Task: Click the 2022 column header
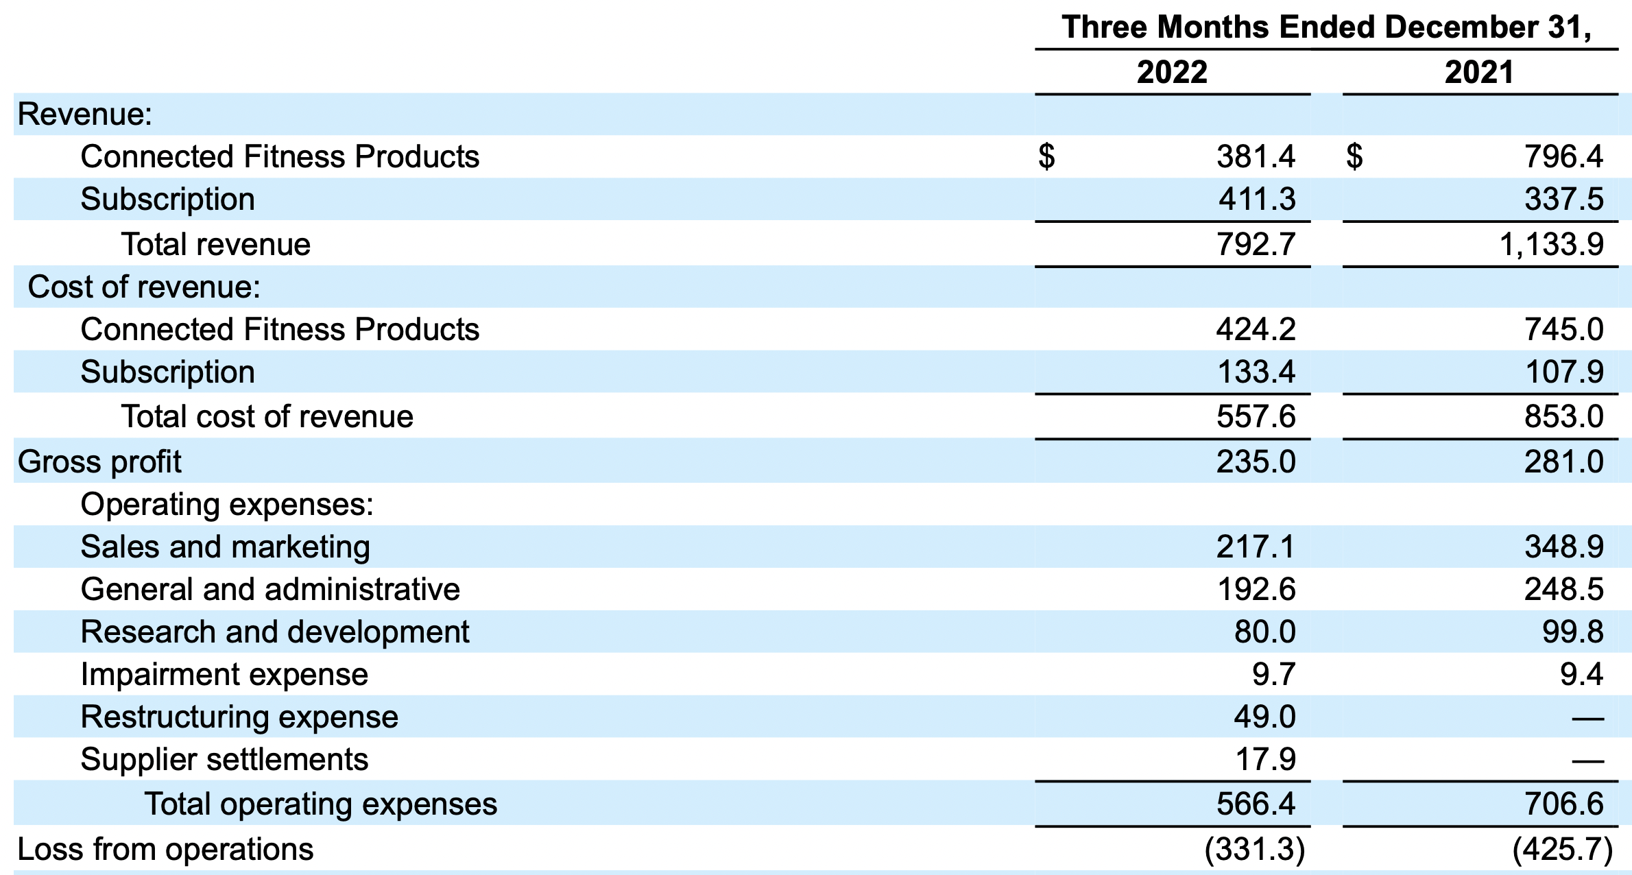point(1172,72)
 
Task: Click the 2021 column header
point(1479,72)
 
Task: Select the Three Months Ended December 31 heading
point(1326,27)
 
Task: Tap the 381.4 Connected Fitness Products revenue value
point(1256,157)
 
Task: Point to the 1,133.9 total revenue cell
point(1551,245)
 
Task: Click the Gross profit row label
point(99,462)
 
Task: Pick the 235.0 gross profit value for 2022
point(1256,462)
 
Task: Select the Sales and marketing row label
point(225,547)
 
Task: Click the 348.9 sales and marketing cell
point(1563,547)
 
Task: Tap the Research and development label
point(274,632)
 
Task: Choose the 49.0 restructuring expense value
point(1264,717)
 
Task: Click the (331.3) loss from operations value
point(1255,850)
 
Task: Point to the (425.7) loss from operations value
point(1563,850)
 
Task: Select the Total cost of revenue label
point(267,417)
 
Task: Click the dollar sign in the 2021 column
point(1354,157)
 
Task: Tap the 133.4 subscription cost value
point(1256,372)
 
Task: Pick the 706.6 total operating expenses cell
point(1563,804)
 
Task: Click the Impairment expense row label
point(224,675)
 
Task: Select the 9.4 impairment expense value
point(1581,675)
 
